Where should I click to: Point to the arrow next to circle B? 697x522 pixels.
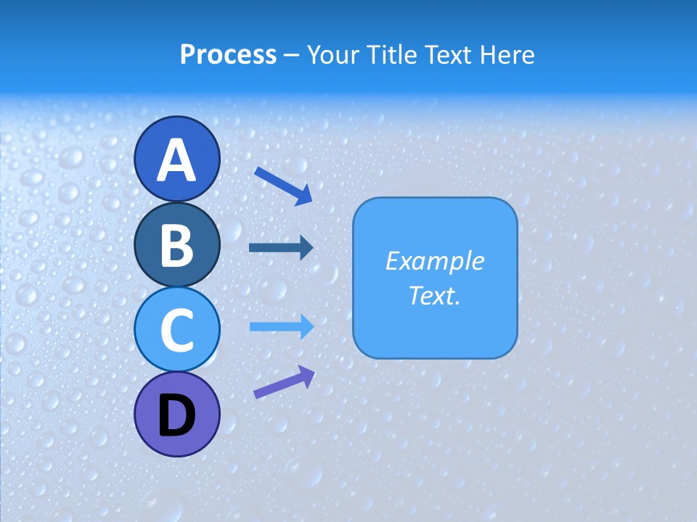[x=281, y=248]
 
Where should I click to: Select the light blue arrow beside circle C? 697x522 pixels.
[x=282, y=327]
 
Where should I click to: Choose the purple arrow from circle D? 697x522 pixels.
[x=284, y=382]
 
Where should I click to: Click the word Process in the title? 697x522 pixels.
[x=228, y=55]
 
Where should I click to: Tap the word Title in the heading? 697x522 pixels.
[x=392, y=55]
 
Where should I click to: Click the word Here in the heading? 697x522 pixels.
[x=506, y=55]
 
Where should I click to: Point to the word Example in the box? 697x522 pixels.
[x=434, y=261]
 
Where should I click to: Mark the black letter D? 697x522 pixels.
[x=177, y=415]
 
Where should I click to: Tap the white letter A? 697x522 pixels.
[x=177, y=160]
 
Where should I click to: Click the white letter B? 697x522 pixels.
[x=177, y=245]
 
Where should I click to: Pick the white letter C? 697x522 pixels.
[x=177, y=331]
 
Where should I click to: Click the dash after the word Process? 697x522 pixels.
[x=292, y=55]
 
